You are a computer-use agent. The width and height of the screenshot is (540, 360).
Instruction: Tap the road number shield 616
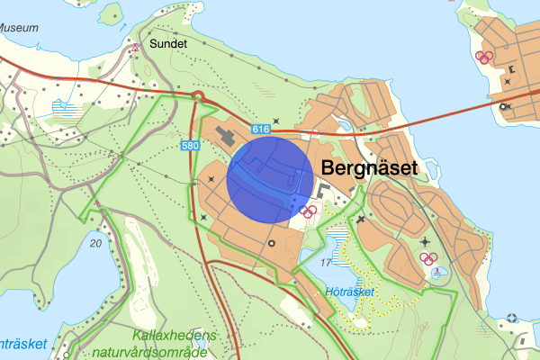coord(262,130)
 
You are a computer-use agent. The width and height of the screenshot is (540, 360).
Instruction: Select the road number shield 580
coord(189,145)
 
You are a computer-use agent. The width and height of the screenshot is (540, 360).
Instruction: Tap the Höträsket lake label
coord(348,292)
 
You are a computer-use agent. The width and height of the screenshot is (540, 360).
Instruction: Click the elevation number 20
coord(96,243)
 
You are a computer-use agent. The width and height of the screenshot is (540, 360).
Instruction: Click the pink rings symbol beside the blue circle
coord(309,211)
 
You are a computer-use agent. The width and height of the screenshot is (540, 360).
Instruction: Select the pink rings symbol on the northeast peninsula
coord(485,57)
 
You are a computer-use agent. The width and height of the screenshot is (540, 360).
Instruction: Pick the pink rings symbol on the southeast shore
coord(429,259)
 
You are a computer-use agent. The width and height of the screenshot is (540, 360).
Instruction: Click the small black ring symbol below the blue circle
coord(272,243)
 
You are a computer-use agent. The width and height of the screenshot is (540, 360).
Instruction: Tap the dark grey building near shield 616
coord(225,138)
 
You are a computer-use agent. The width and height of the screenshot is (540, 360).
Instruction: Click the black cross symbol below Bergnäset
coord(361,219)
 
